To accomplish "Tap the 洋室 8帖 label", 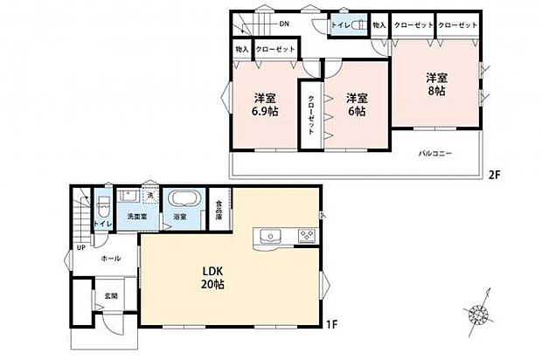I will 435,84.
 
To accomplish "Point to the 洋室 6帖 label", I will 354,105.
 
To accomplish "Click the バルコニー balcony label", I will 434,153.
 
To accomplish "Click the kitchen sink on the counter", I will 268,235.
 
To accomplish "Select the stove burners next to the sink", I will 307,235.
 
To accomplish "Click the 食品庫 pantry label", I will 219,211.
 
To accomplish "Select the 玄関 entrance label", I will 113,294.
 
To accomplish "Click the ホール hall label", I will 111,259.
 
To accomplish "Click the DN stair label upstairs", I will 284,23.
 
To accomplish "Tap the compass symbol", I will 480,313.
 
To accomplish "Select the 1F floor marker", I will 331,326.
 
